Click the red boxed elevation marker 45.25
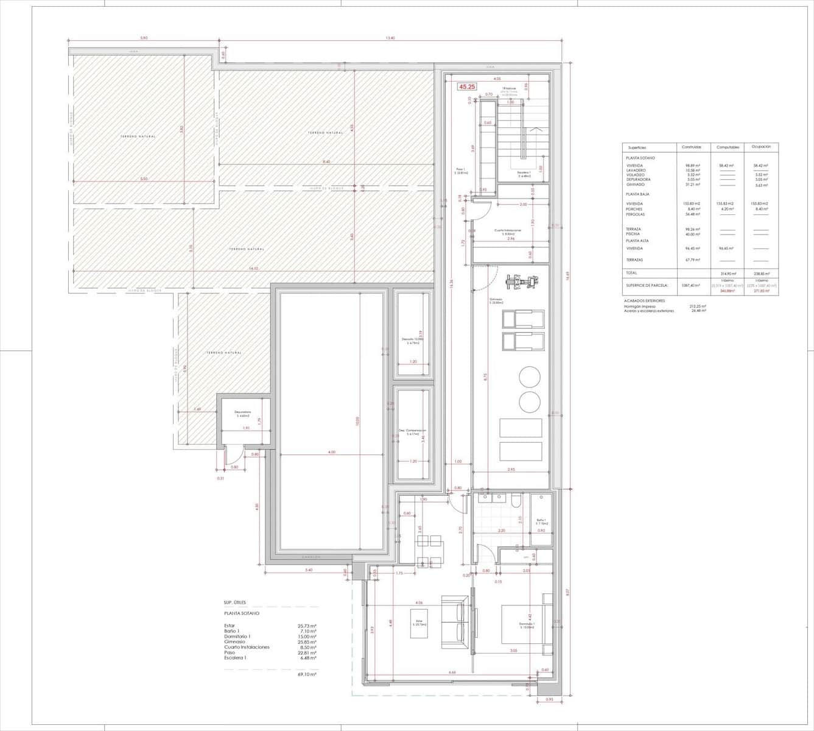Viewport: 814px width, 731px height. pos(468,87)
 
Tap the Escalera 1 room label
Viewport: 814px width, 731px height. pos(524,173)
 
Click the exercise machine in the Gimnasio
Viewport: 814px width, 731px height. pos(522,281)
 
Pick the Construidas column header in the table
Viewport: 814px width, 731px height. pos(691,147)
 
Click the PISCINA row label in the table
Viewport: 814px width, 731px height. pos(633,234)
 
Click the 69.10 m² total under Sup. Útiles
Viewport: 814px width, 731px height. pos(307,674)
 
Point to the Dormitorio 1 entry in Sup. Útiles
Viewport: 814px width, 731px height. pos(237,637)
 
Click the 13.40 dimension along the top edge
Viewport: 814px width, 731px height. pos(390,38)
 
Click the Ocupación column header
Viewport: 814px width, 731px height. pos(761,147)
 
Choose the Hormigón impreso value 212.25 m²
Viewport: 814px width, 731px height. pos(697,306)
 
